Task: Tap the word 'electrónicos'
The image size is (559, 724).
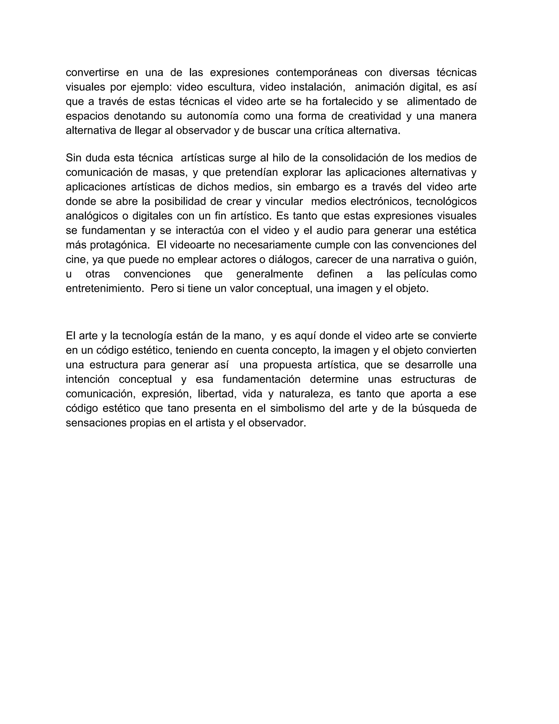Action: pyautogui.click(x=377, y=201)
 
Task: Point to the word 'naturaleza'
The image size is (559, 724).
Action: pyautogui.click(x=304, y=394)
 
